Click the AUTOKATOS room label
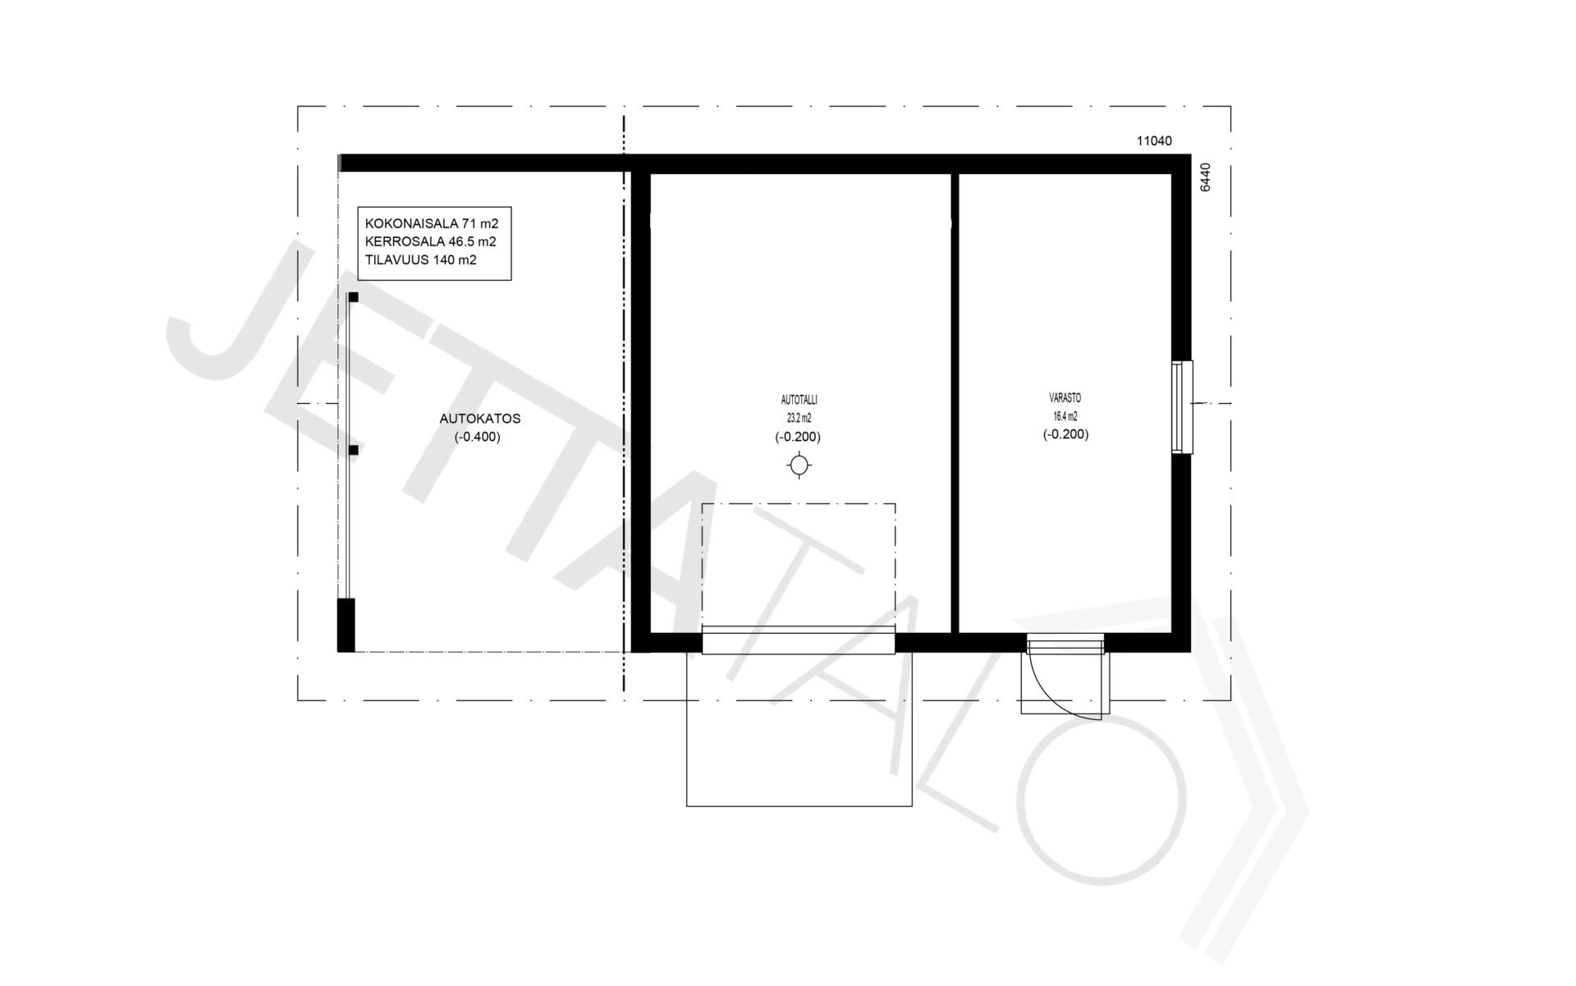480,419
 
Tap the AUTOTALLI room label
799,401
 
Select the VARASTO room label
1065,398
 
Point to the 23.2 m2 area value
798,418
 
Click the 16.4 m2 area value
1065,416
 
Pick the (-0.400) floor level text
477,437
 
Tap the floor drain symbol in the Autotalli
799,466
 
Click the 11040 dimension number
1154,141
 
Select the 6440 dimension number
1205,177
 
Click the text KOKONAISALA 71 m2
432,223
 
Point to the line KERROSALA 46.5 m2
430,242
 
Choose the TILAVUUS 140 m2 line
421,260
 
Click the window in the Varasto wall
1182,406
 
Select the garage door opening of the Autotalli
798,641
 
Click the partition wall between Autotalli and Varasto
955,403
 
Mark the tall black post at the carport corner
346,625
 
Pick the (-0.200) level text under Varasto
1066,435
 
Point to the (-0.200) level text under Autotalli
798,438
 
